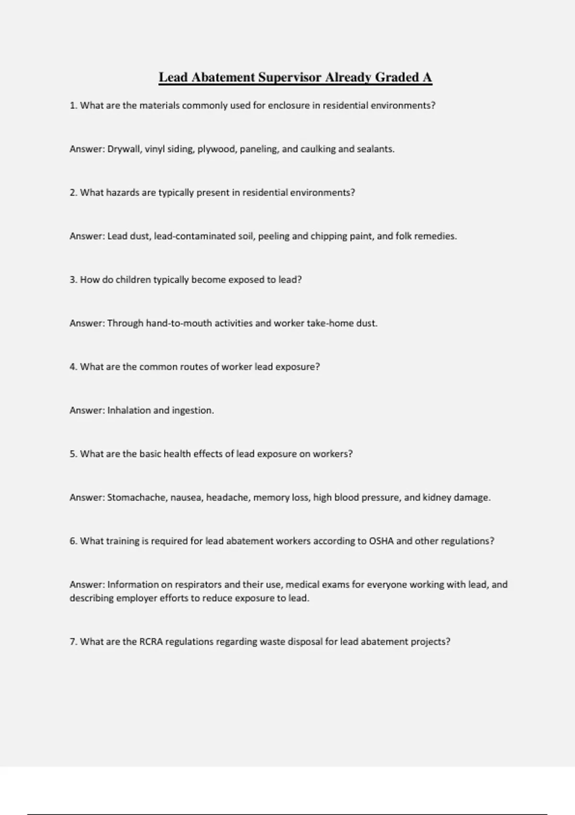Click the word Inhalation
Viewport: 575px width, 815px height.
click(x=129, y=411)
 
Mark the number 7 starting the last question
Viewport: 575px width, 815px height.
click(x=73, y=642)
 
